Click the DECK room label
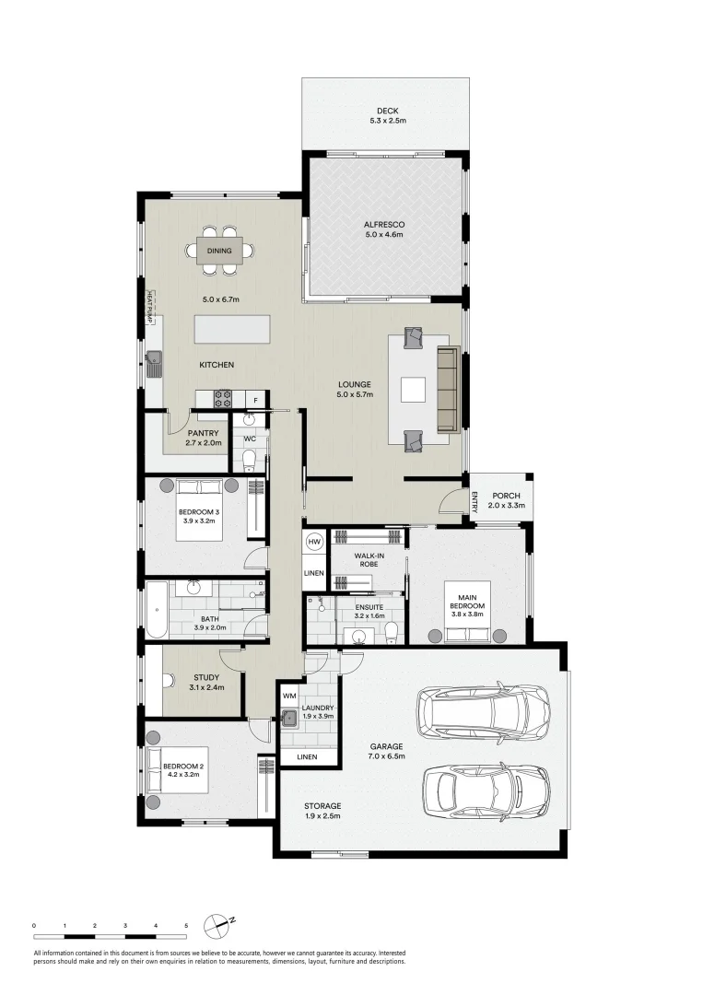pos(387,111)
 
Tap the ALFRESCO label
pos(384,225)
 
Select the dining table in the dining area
pos(219,251)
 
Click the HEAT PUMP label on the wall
pos(150,307)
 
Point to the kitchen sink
pos(154,365)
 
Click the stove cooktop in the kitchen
pos(223,399)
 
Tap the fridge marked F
pos(256,400)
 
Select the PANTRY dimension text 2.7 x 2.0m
pos(204,443)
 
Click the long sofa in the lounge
pos(447,390)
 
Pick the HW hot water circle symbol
pos(313,542)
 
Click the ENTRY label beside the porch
pos(474,501)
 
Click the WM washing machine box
pos(289,696)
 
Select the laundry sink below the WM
pos(289,719)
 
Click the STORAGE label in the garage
pos(322,806)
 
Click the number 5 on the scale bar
pos(186,926)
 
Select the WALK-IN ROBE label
pos(369,560)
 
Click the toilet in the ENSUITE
pos(392,631)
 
